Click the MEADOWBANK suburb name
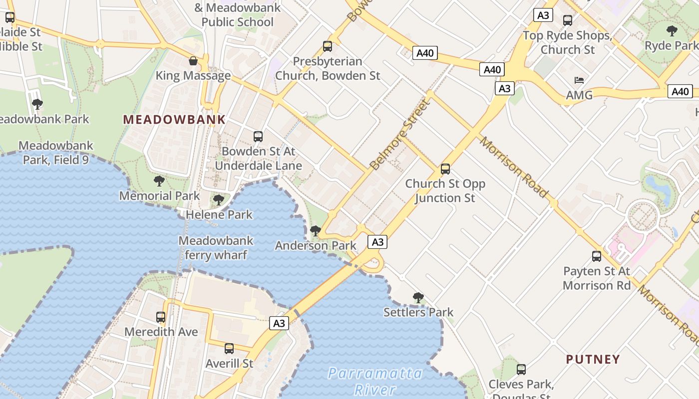click(174, 120)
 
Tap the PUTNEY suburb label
click(593, 359)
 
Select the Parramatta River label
click(375, 381)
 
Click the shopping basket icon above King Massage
click(193, 61)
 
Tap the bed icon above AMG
click(579, 80)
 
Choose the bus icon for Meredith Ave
click(161, 317)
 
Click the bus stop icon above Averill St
click(229, 349)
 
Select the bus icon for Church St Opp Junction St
click(445, 169)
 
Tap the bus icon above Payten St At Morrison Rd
click(597, 256)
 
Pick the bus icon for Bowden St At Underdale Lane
click(258, 137)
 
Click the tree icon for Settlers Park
click(418, 298)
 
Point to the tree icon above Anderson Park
click(316, 231)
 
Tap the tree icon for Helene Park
click(219, 200)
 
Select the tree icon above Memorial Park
click(159, 181)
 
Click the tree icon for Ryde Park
click(672, 31)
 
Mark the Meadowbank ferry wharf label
click(216, 248)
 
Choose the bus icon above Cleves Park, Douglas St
click(521, 370)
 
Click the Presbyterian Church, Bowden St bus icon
click(328, 46)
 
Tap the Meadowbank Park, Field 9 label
click(56, 153)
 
